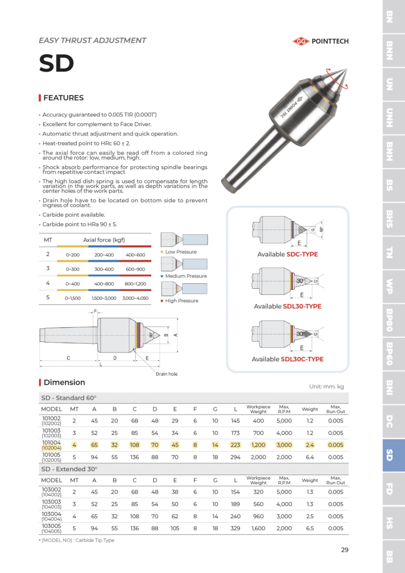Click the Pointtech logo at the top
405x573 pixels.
(321, 41)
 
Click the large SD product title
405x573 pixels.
(56, 64)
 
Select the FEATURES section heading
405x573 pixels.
(63, 98)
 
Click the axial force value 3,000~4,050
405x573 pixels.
(135, 298)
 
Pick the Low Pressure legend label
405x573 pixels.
(181, 252)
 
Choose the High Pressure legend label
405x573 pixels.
(182, 300)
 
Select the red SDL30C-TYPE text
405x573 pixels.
(302, 359)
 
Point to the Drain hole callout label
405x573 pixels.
(166, 374)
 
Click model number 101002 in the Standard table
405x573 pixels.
(51, 418)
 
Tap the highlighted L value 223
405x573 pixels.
(236, 445)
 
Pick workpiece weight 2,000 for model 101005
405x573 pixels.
(258, 457)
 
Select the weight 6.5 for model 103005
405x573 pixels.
(309, 528)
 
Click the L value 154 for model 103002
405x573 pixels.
(236, 492)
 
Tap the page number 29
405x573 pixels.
(345, 550)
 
